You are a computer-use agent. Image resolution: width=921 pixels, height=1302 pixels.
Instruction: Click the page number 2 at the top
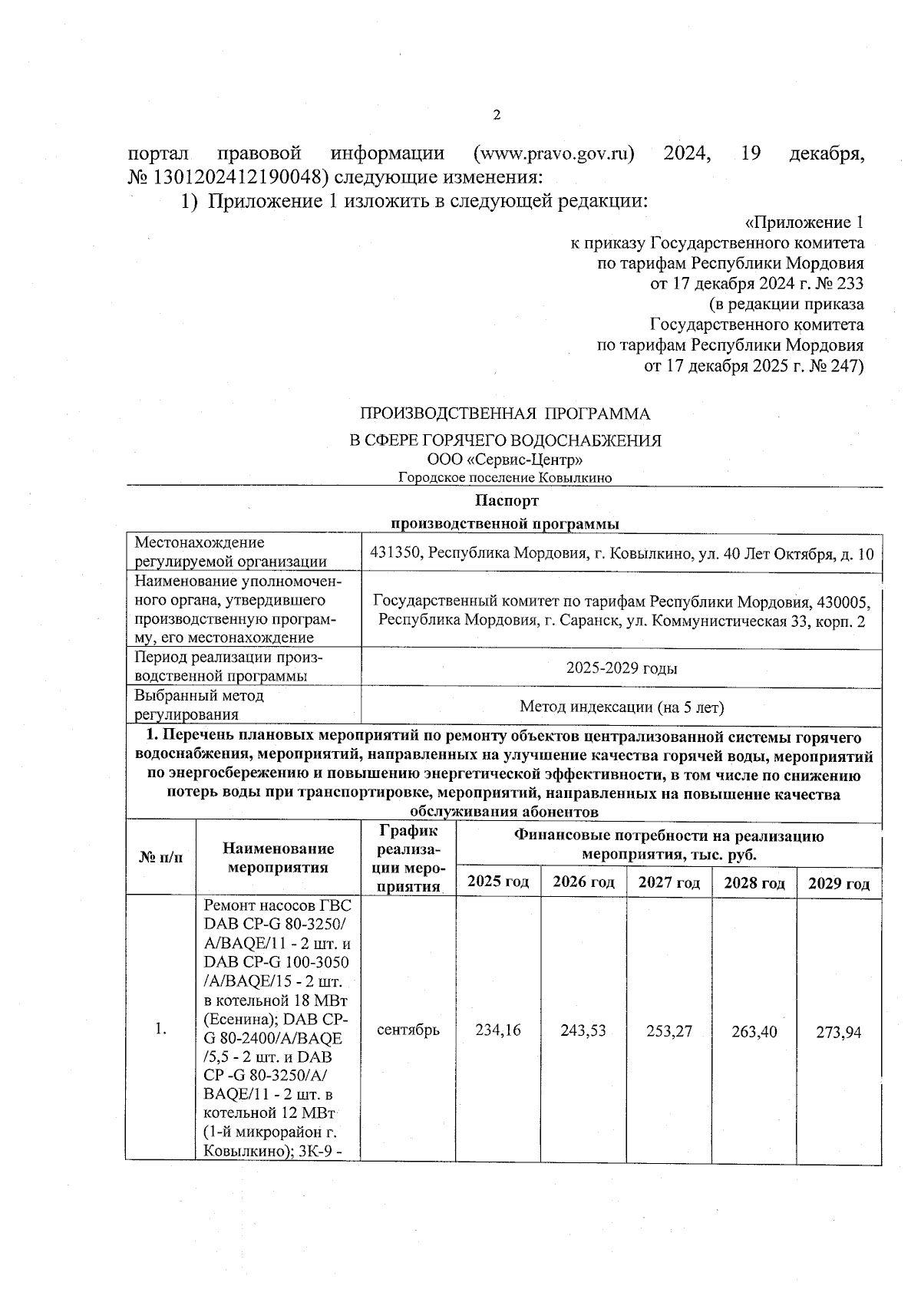(496, 115)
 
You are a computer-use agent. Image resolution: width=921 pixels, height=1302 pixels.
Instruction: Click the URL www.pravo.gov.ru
(554, 153)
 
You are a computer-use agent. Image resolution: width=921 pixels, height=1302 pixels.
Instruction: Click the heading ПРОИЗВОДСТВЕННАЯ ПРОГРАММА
(505, 414)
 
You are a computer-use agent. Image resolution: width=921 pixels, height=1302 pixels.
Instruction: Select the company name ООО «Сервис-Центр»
(505, 460)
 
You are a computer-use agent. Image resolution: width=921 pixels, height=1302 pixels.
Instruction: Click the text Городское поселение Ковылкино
(505, 478)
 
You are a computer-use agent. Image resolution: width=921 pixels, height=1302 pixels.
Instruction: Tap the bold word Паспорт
(506, 501)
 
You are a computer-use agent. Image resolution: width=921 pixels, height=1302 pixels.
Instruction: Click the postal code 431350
(394, 553)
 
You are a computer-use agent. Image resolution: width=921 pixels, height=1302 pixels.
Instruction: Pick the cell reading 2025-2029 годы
(622, 668)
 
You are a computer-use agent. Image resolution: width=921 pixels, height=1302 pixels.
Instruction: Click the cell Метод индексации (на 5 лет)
(622, 707)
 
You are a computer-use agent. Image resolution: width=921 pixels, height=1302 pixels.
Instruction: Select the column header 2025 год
(498, 882)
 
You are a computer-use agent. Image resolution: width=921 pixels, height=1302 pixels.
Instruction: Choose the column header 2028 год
(754, 883)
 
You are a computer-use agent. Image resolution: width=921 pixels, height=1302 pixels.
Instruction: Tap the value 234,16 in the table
(498, 1030)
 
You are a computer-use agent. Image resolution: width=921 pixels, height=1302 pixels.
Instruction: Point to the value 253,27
(669, 1030)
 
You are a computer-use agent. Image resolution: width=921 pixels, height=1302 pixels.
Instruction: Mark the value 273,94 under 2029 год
(840, 1032)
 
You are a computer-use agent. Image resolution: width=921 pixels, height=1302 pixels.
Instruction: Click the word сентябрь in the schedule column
(408, 1030)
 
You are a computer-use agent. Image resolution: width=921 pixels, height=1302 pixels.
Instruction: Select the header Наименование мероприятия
(279, 858)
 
